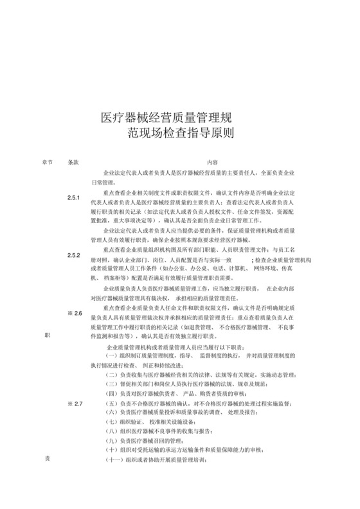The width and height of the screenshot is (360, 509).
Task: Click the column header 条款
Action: (x=73, y=163)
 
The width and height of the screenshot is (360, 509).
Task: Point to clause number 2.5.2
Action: (x=73, y=255)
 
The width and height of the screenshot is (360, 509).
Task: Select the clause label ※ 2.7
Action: (x=75, y=403)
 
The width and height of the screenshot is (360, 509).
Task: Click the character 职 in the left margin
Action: (x=47, y=335)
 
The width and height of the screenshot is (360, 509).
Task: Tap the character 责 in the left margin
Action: (x=47, y=459)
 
